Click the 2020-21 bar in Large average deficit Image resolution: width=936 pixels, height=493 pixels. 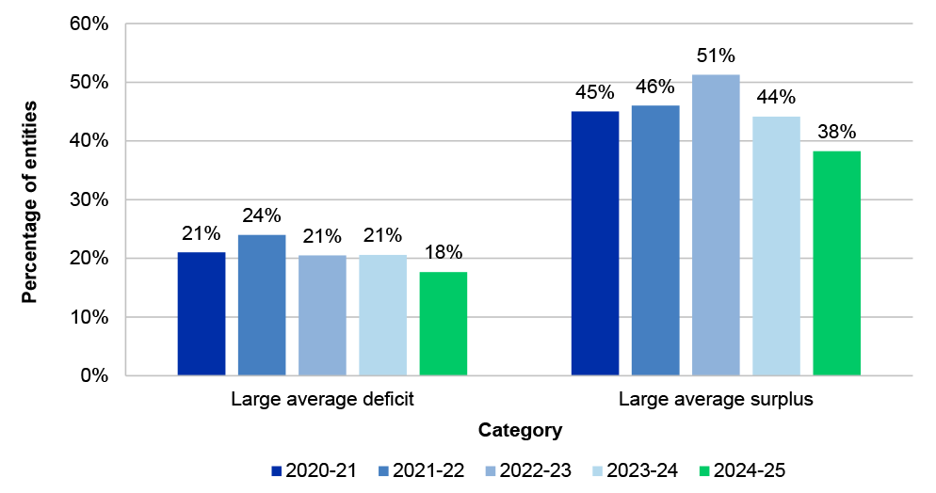[x=202, y=314]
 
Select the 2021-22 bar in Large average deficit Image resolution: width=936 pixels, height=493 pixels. [x=262, y=305]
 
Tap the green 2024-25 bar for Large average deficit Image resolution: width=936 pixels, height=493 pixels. [x=443, y=324]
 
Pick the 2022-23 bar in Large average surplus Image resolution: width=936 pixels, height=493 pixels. [x=716, y=225]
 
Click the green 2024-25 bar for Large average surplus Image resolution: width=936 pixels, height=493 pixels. [x=836, y=263]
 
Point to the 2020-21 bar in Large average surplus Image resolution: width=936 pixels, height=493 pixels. [x=595, y=243]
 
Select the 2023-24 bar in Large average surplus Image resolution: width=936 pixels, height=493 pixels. [x=776, y=246]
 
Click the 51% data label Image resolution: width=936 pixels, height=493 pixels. [x=716, y=56]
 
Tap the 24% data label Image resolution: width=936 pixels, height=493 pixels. [x=262, y=216]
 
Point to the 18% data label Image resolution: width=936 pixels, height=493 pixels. [x=443, y=252]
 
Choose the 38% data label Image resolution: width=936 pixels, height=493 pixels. [x=836, y=132]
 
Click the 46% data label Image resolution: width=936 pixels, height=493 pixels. [x=655, y=87]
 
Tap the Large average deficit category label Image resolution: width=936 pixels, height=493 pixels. [x=322, y=399]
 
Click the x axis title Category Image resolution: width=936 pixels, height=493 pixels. [x=520, y=431]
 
